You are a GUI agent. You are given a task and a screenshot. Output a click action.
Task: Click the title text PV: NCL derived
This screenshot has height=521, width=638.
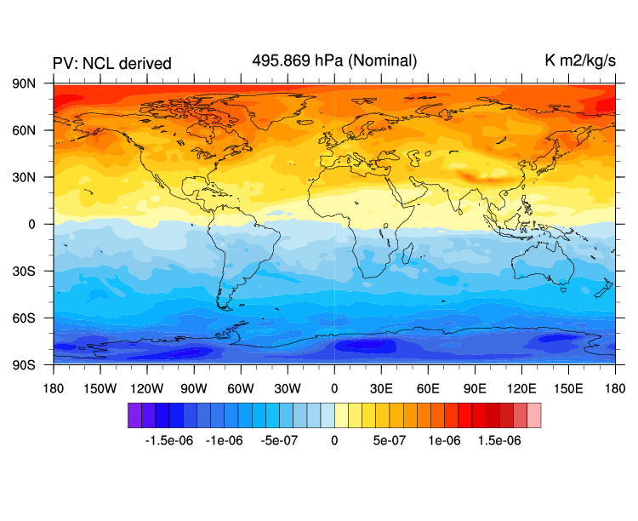pos(112,64)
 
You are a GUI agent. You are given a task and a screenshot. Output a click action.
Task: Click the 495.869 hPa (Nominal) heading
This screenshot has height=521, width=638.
pos(334,60)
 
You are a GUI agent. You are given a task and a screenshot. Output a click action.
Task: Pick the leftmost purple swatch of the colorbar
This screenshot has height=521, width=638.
pos(134,415)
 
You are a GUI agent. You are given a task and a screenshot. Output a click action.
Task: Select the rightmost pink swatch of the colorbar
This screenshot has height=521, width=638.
pos(533,415)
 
